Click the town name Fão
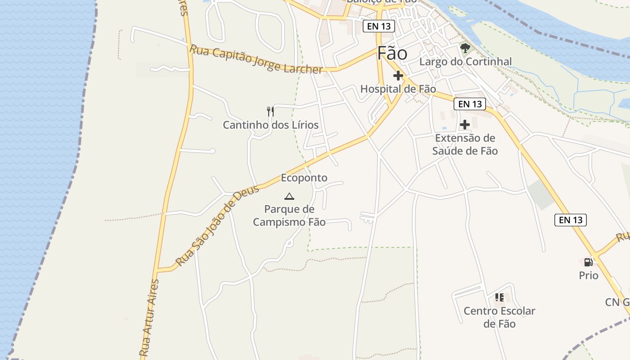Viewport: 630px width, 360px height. [392, 54]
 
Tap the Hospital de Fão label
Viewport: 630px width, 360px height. [398, 89]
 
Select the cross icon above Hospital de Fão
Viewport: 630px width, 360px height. [398, 76]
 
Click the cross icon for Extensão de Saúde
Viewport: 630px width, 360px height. [465, 125]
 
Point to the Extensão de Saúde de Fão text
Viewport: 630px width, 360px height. [465, 144]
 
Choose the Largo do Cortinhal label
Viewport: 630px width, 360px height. [465, 62]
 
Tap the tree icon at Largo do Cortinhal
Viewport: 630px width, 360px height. [465, 48]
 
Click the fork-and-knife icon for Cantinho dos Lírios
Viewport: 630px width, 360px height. [270, 111]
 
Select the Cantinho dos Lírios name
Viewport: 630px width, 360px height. [270, 125]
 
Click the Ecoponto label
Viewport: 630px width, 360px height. [304, 178]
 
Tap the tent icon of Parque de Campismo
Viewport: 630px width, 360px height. [289, 196]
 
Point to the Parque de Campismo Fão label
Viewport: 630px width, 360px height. [289, 216]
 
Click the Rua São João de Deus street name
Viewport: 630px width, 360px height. [217, 225]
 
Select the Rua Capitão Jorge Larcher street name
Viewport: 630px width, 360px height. [256, 59]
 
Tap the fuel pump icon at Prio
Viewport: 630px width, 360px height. [588, 262]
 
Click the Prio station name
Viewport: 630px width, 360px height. [589, 275]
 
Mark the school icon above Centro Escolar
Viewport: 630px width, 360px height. [499, 297]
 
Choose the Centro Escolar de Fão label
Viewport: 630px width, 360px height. [499, 317]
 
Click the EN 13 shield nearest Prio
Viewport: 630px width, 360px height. [571, 220]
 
